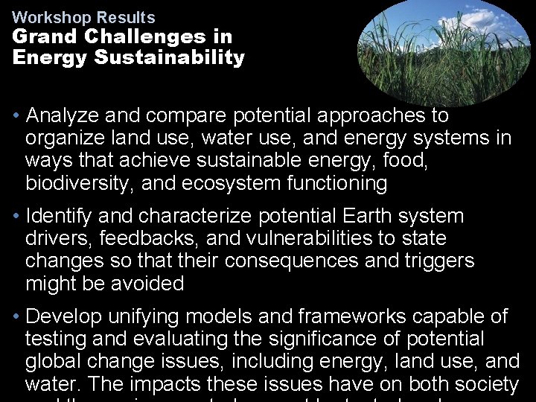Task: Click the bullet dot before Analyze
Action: pos(16,116)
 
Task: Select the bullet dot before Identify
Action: pos(16,217)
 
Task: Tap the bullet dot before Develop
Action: pos(16,317)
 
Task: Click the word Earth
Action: pos(369,217)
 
